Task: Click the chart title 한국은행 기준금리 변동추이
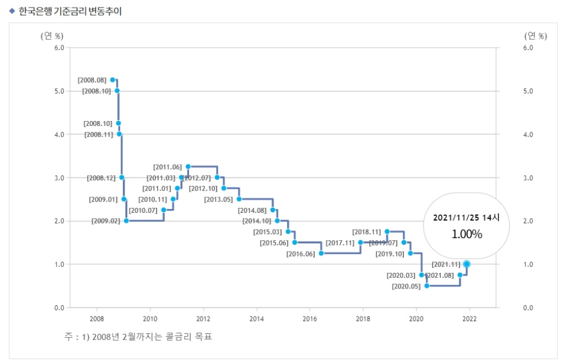click(x=70, y=11)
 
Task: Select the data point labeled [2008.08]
click(x=113, y=80)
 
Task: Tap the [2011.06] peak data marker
click(x=188, y=166)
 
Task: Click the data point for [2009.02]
click(x=126, y=221)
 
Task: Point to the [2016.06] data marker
click(x=321, y=253)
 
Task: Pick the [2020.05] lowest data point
click(x=426, y=286)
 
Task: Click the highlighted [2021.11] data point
click(x=467, y=264)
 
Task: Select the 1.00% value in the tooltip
click(x=467, y=234)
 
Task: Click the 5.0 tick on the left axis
click(x=58, y=91)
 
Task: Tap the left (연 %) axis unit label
click(x=52, y=36)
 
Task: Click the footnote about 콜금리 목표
click(x=138, y=337)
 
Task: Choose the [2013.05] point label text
click(x=218, y=199)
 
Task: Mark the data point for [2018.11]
click(x=387, y=231)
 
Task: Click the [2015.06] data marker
click(x=295, y=243)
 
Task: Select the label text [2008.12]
click(x=101, y=178)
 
